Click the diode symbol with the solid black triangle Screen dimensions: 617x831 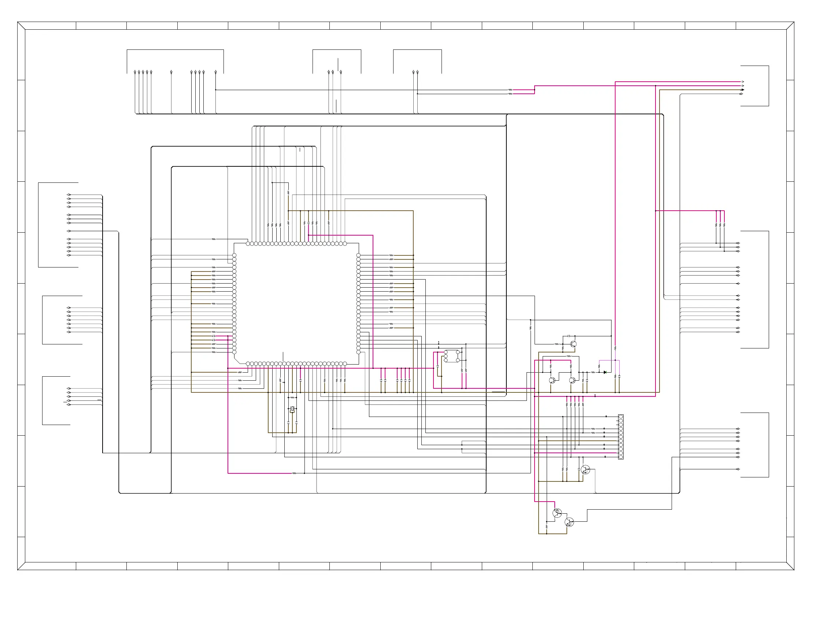pyautogui.click(x=605, y=372)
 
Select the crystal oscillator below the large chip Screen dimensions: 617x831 pyautogui.click(x=292, y=409)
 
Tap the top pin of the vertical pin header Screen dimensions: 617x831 pyautogui.click(x=621, y=417)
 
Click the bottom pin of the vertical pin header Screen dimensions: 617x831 pyautogui.click(x=621, y=457)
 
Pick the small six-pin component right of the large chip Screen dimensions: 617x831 pyautogui.click(x=451, y=356)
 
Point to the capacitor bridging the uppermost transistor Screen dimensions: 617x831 pyautogui.click(x=569, y=336)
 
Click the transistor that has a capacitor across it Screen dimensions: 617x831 pyautogui.click(x=573, y=344)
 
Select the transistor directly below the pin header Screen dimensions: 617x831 pyautogui.click(x=586, y=469)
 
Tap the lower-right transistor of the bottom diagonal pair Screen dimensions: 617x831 pyautogui.click(x=569, y=522)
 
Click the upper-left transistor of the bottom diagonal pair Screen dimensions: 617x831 pyautogui.click(x=557, y=513)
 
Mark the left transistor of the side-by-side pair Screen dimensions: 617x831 pyautogui.click(x=552, y=380)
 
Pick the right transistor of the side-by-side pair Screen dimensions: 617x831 pyautogui.click(x=572, y=380)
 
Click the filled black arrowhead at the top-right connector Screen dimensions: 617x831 pyautogui.click(x=742, y=90)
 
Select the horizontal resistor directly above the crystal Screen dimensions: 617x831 pyautogui.click(x=292, y=398)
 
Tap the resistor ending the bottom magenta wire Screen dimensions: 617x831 pyautogui.click(x=294, y=473)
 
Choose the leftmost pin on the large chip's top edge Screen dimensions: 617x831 pyautogui.click(x=248, y=244)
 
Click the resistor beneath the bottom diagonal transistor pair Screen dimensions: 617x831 pyautogui.click(x=547, y=527)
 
